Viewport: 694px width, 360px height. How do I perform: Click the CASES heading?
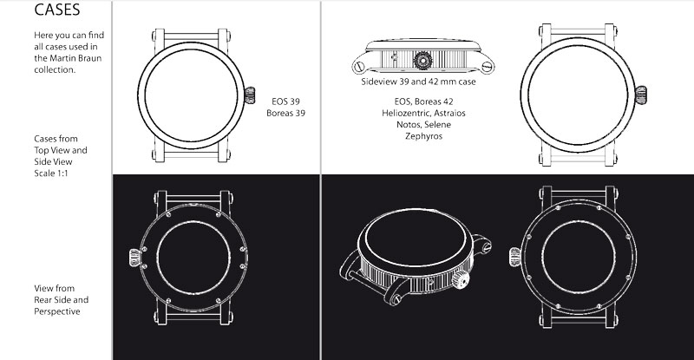pyautogui.click(x=57, y=10)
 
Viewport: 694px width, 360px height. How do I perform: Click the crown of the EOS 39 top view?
pyautogui.click(x=250, y=95)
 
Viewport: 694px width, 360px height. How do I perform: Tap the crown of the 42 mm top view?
pyautogui.click(x=641, y=95)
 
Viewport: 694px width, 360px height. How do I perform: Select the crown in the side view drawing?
pyautogui.click(x=422, y=60)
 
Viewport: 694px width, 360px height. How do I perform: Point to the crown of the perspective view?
pyautogui.click(x=461, y=279)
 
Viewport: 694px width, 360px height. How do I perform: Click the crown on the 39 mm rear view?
pyautogui.click(x=134, y=258)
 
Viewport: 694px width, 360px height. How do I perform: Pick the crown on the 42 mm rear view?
pyautogui.click(x=515, y=257)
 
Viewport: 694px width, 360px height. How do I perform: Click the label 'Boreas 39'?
pyautogui.click(x=286, y=113)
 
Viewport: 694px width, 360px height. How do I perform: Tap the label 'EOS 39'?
pyautogui.click(x=286, y=101)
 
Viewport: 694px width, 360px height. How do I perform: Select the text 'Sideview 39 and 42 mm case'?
pyautogui.click(x=418, y=82)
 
